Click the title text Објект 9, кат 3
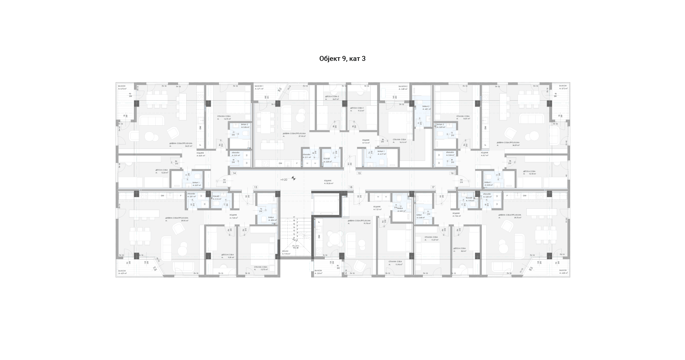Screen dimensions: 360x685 click(342, 59)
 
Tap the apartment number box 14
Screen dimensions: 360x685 click(234, 173)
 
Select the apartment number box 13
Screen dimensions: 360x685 click(255, 187)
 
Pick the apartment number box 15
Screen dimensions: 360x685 click(359, 173)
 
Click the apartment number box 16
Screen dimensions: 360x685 click(452, 173)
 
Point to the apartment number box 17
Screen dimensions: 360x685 click(433, 187)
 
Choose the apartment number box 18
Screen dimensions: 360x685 click(351, 187)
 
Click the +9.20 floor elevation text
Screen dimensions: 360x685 click(284, 180)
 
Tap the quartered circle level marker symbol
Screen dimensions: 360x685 click(293, 178)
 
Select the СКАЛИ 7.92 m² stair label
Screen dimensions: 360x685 click(286, 253)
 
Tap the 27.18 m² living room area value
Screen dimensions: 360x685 click(302, 136)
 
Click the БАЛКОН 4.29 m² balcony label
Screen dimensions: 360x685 click(122, 272)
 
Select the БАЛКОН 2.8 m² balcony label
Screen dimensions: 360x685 click(318, 272)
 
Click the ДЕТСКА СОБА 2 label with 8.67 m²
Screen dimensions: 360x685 click(332, 98)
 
